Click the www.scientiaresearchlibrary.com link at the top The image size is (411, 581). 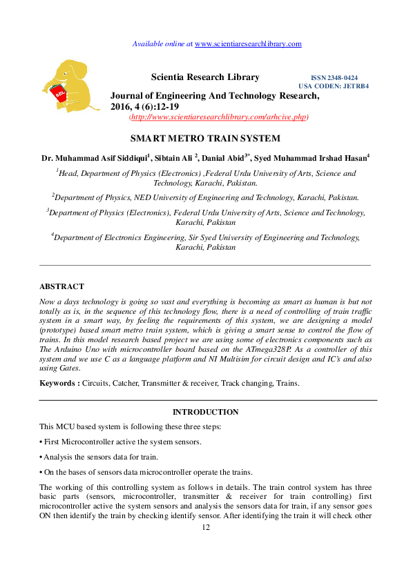249,44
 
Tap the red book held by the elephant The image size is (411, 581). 59,97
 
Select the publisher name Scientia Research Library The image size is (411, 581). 205,77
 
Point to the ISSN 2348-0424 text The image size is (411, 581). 334,79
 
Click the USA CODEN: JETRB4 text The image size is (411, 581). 334,86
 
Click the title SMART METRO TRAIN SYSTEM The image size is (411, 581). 205,138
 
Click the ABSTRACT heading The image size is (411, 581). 61,286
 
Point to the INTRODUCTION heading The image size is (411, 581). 205,412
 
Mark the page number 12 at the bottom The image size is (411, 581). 205,528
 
